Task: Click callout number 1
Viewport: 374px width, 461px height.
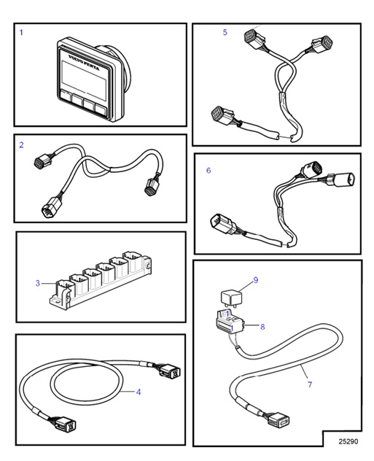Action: tap(21, 33)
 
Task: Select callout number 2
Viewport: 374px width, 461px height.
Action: tap(21, 145)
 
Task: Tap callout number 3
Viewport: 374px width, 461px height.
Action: tap(37, 283)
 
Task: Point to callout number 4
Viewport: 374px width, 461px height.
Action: tap(139, 392)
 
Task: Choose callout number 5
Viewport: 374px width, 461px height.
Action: tap(225, 33)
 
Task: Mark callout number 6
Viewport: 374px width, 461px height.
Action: tap(209, 171)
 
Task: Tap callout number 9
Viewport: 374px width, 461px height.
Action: tap(255, 279)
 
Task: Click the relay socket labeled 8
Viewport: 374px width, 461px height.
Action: tap(230, 321)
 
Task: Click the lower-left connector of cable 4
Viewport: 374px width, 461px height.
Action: tap(58, 425)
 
